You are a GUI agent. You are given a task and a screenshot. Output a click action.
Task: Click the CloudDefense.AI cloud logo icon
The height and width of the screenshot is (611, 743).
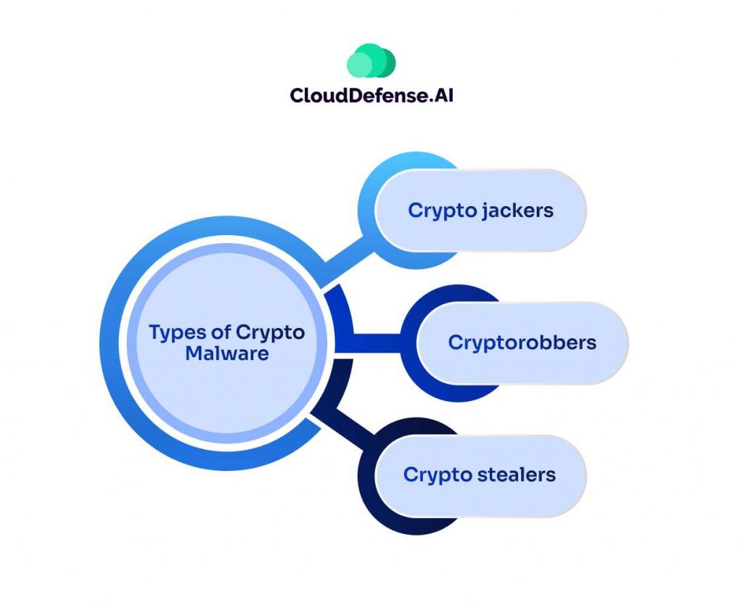pos(371,61)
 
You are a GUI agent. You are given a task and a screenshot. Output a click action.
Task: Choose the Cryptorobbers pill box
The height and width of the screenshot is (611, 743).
pos(522,343)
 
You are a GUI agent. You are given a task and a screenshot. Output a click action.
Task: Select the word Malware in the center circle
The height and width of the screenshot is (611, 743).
pos(226,354)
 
